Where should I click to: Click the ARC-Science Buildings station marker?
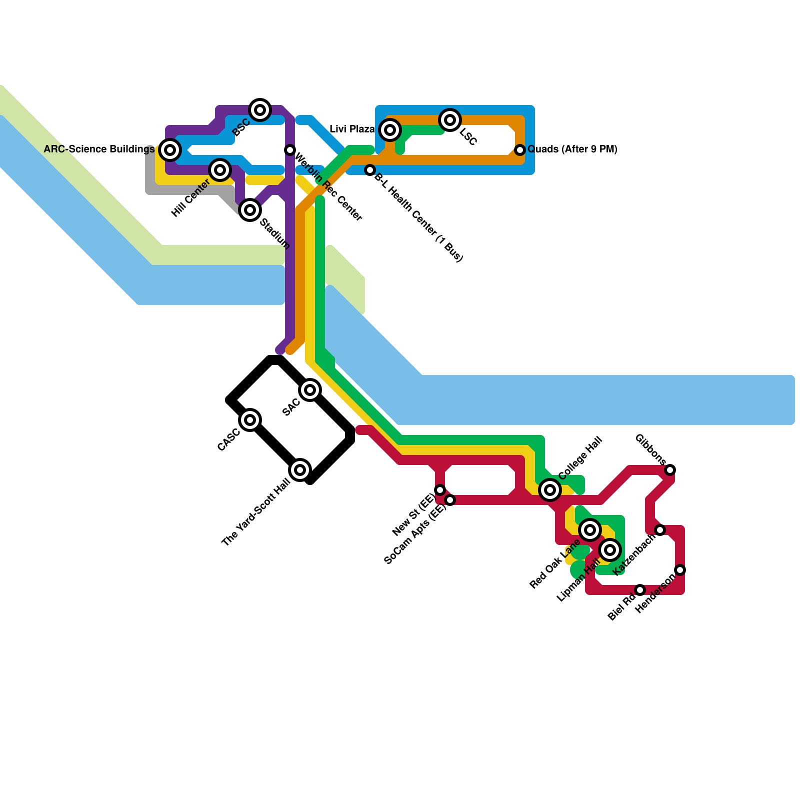click(170, 149)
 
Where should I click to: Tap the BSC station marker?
click(260, 110)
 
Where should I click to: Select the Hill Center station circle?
click(220, 170)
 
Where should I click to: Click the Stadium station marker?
click(250, 210)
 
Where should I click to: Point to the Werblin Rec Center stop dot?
click(290, 149)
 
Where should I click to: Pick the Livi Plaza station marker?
click(390, 130)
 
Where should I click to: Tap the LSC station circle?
click(450, 120)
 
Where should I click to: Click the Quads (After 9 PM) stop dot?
click(520, 149)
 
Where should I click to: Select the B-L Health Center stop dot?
click(370, 170)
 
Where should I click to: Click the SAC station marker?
click(310, 390)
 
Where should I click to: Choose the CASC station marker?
click(250, 420)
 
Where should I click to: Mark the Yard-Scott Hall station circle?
click(300, 470)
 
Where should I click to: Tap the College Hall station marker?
click(550, 490)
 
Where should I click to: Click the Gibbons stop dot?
click(670, 469)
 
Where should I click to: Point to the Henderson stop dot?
click(680, 570)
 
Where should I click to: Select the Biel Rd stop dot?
click(640, 590)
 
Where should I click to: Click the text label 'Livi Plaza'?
click(352, 129)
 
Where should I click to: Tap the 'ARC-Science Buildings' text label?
click(99, 149)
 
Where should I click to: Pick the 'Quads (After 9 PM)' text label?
click(572, 149)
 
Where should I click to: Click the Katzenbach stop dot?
click(660, 530)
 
